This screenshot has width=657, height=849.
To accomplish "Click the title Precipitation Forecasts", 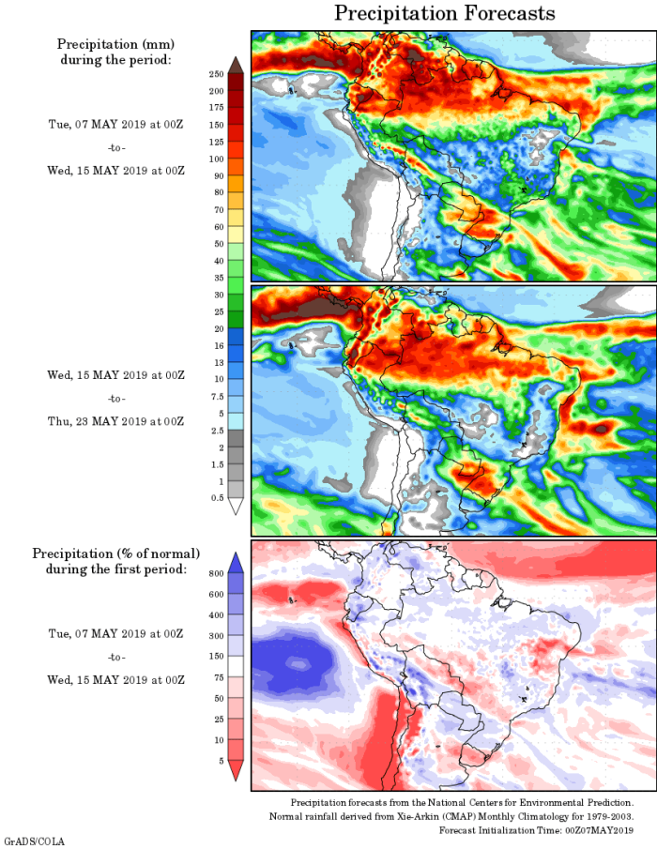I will coord(444,13).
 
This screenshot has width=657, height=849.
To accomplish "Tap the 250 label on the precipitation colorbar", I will coord(215,74).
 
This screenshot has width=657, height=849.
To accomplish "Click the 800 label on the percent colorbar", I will coord(215,571).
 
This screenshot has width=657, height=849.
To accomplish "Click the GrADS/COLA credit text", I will coord(35,841).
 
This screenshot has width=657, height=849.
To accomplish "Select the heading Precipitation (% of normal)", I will coord(116,553).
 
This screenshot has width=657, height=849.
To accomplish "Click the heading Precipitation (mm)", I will coord(115,44).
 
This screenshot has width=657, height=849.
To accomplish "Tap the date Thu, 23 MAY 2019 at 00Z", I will coord(116,421).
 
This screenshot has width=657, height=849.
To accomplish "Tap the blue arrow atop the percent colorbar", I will coord(236,560).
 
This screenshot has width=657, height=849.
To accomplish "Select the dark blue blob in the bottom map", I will coord(298,663).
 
